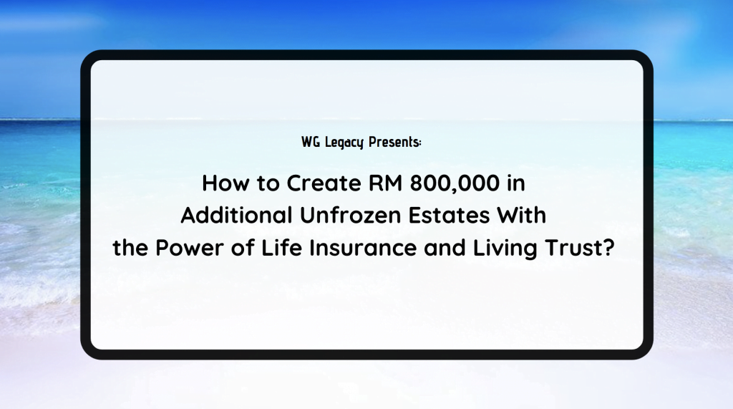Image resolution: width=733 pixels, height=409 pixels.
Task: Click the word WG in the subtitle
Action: [311, 142]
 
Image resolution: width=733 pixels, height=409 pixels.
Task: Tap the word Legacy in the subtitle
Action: [344, 143]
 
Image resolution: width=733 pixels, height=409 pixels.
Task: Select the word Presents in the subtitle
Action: [393, 142]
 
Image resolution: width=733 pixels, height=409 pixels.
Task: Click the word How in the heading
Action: [225, 183]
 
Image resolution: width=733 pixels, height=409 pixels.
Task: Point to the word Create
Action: [324, 183]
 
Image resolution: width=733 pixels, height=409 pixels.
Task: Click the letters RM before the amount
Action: [386, 183]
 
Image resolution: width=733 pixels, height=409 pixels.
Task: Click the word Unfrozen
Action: [350, 216]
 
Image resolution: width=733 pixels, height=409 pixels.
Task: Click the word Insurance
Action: [363, 248]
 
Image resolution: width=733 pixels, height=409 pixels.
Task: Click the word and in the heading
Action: [445, 248]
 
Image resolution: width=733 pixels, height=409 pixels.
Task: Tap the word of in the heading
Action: [243, 248]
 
